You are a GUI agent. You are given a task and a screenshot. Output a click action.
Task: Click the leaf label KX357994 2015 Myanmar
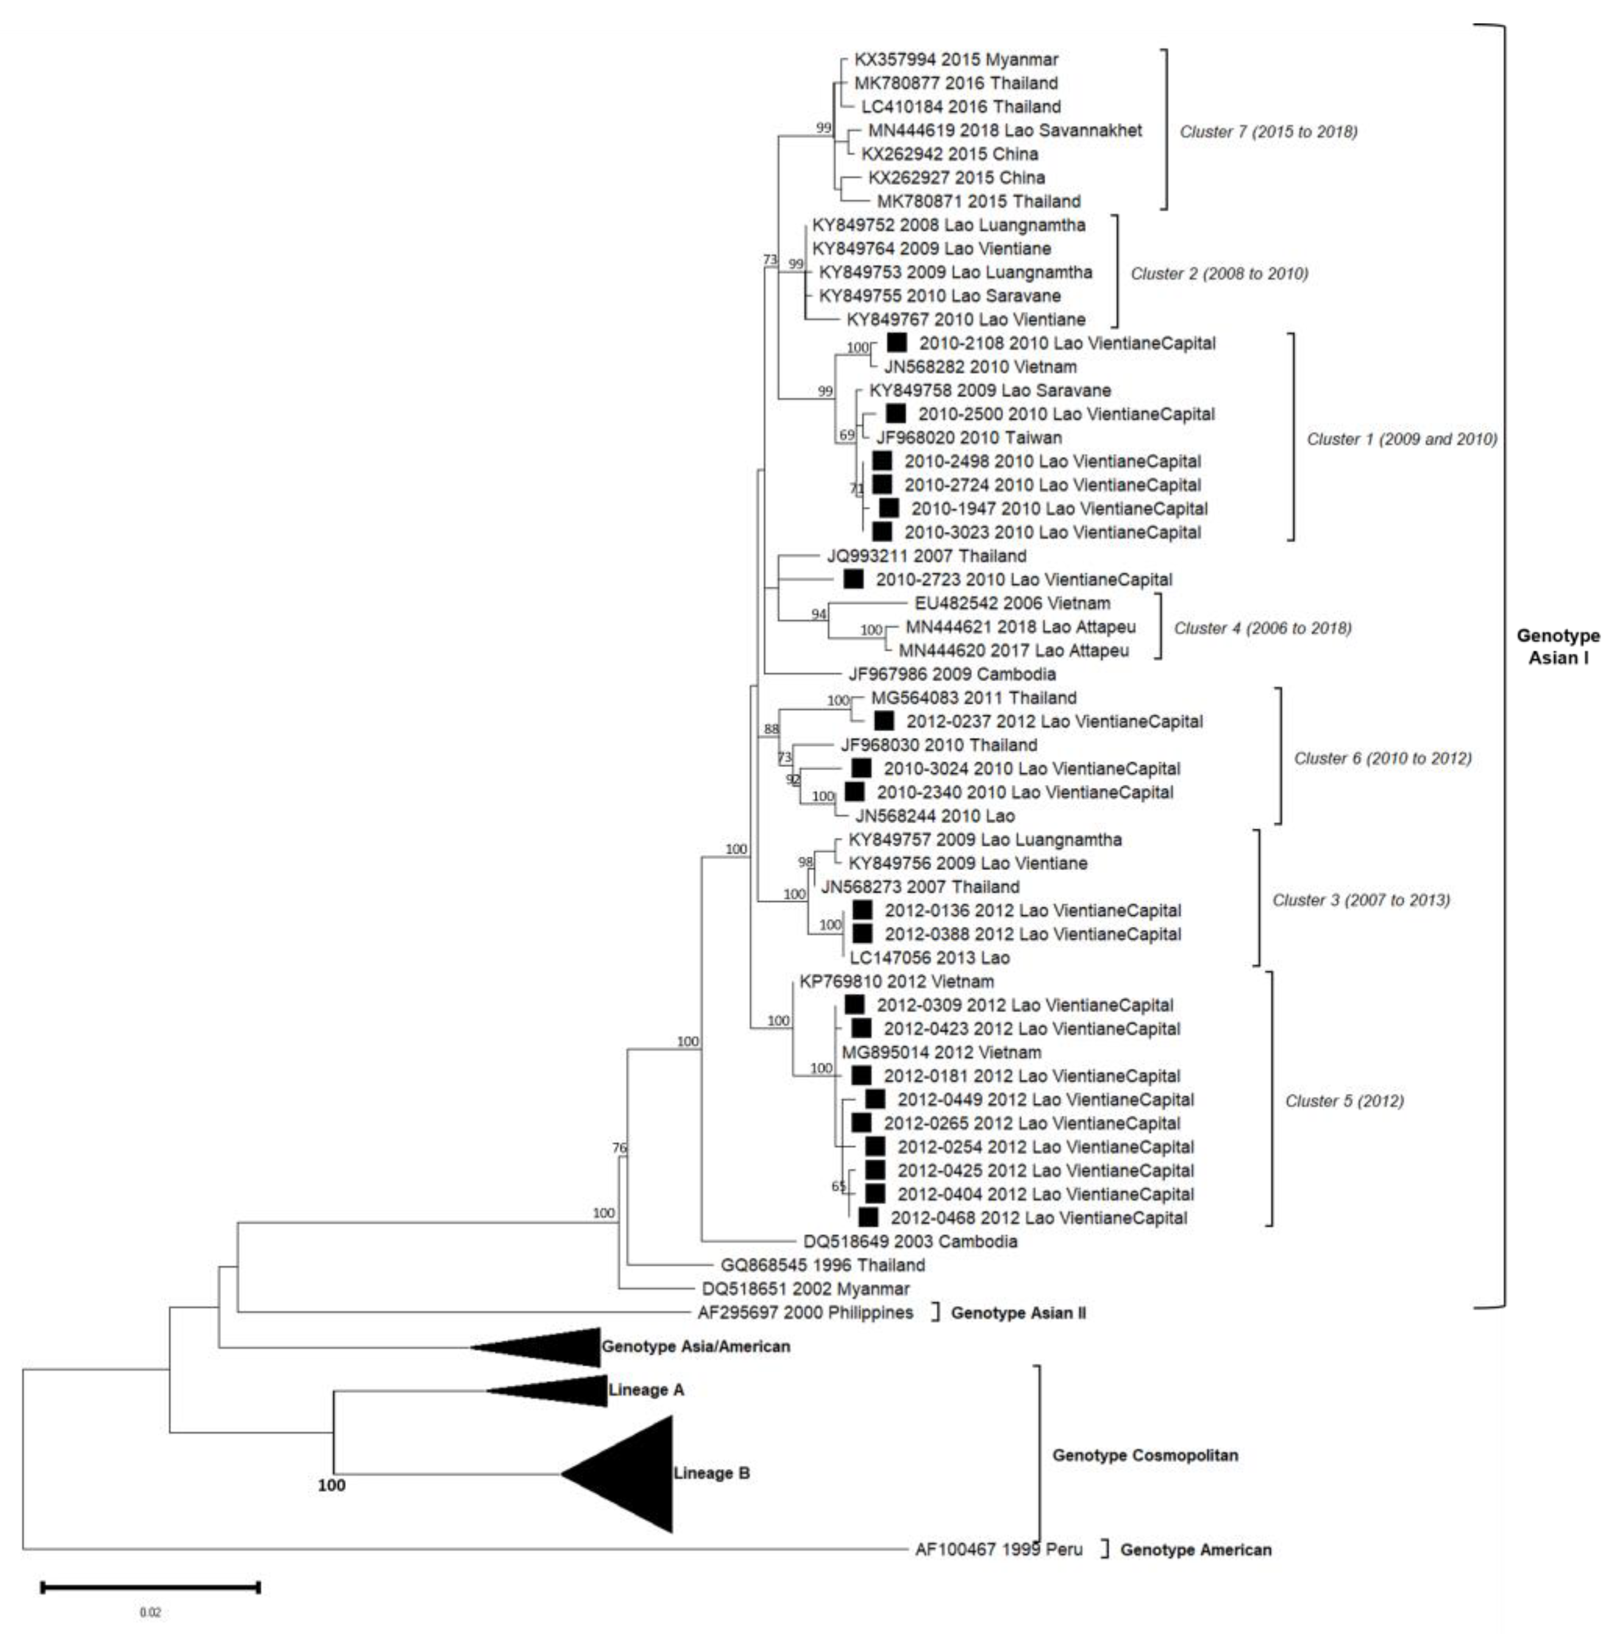click(956, 60)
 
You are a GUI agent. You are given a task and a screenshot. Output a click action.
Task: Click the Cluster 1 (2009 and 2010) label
click(1401, 439)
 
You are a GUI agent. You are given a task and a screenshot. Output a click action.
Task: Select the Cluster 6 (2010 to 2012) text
click(1383, 758)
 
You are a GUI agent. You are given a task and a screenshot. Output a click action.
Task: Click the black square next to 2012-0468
click(868, 1217)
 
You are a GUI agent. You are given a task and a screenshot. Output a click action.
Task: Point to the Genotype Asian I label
click(1557, 646)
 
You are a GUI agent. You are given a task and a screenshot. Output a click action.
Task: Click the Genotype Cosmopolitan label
click(1145, 1456)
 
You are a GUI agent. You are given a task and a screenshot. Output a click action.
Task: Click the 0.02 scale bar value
click(150, 1613)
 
